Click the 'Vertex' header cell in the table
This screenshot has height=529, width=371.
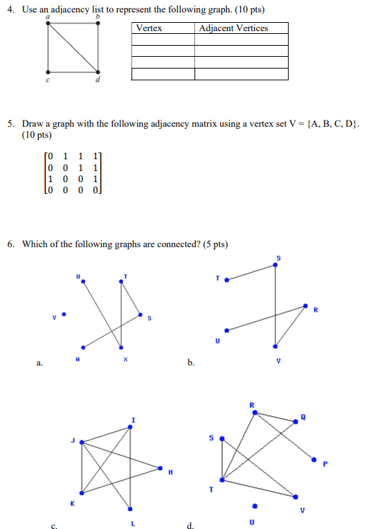pos(149,28)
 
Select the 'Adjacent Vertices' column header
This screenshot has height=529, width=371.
pos(233,28)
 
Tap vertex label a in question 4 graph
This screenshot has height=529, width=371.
pos(47,17)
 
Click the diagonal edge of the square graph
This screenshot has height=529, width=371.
pos(72,47)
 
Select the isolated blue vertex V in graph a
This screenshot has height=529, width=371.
pos(64,314)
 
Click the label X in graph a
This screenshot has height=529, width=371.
pos(125,359)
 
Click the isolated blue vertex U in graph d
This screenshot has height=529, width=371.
pos(255,505)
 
